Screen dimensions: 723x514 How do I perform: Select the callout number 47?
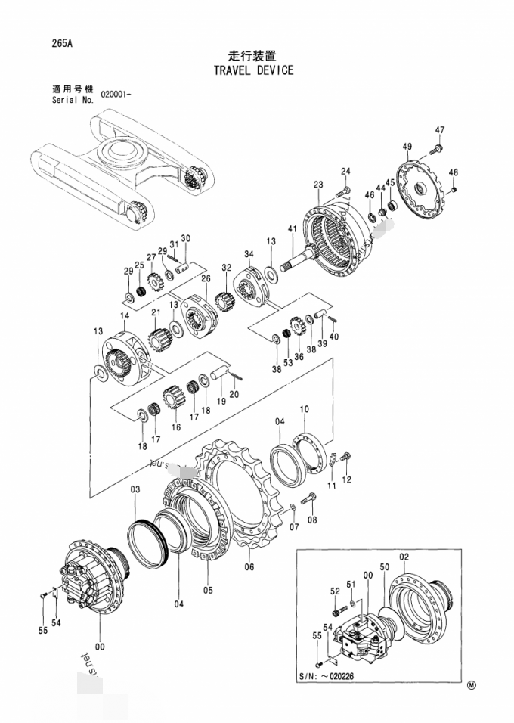point(439,129)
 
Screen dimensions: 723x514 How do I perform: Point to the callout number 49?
point(407,146)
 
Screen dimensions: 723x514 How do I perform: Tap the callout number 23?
point(318,185)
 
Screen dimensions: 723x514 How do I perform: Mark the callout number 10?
point(304,409)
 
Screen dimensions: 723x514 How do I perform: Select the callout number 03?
point(135,490)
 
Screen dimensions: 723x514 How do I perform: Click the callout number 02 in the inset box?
point(404,557)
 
